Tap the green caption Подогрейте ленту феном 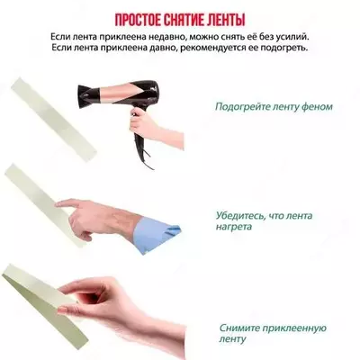[273, 106]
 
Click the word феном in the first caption [315, 106]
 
